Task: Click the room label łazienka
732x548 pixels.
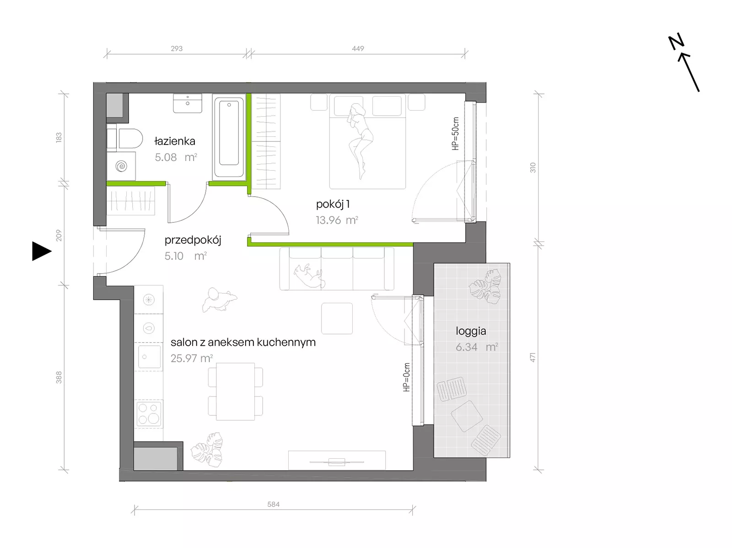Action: (x=175, y=141)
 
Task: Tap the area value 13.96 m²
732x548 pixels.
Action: (x=337, y=220)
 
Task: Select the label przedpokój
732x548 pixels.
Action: (x=193, y=240)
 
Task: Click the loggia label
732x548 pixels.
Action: (x=471, y=331)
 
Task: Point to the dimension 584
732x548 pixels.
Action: (x=273, y=505)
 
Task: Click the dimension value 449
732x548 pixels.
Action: (x=358, y=48)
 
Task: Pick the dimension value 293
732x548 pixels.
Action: (x=177, y=48)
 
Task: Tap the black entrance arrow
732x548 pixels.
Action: (x=42, y=251)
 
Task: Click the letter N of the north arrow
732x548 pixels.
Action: (x=676, y=42)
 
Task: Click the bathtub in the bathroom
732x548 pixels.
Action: (x=229, y=137)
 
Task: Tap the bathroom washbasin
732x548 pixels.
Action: (x=188, y=103)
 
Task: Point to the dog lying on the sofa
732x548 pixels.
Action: (x=309, y=275)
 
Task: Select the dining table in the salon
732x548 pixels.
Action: (x=236, y=392)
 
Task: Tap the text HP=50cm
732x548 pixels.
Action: (x=455, y=134)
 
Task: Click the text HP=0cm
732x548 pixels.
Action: (x=406, y=377)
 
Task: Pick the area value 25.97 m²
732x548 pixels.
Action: (x=191, y=358)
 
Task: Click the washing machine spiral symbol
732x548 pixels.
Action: (x=121, y=166)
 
